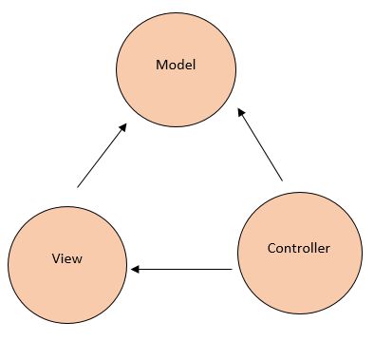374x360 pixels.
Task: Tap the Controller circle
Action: point(298,251)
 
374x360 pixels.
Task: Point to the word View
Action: point(67,258)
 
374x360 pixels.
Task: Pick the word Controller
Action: point(298,249)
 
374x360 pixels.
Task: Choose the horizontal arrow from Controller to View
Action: point(181,270)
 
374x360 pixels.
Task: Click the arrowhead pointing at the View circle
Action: point(135,270)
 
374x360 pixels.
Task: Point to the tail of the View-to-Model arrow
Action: point(78,185)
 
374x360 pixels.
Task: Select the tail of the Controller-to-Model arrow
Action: point(282,180)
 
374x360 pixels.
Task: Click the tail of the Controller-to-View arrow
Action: point(231,270)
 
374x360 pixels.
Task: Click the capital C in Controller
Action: point(271,249)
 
